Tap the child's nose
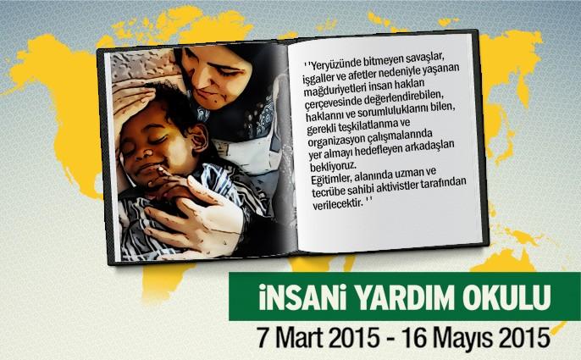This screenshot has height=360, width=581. pyautogui.click(x=148, y=150)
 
